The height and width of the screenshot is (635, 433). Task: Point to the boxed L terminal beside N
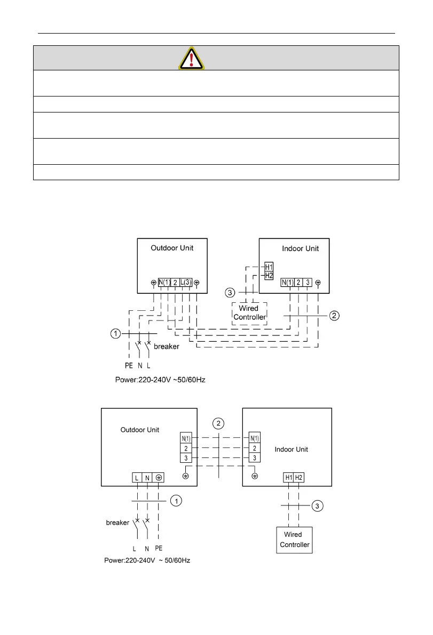coord(137,478)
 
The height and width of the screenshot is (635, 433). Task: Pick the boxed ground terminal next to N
coord(158,478)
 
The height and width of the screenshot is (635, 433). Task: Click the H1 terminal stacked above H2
coord(269,267)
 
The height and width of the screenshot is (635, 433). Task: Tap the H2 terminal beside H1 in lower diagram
coord(299,478)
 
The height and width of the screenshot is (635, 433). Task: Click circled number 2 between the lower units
coord(217,424)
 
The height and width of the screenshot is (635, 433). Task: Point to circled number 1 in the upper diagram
coord(115,334)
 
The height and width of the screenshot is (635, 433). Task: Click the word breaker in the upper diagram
coord(167,346)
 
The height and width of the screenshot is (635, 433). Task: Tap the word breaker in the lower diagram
coord(118,523)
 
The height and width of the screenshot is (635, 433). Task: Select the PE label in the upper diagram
coord(129,366)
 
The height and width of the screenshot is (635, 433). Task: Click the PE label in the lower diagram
coord(159,548)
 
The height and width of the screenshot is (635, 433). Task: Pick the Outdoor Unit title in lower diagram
coord(140,430)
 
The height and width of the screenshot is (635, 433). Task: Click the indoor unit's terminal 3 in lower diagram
coord(255,457)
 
